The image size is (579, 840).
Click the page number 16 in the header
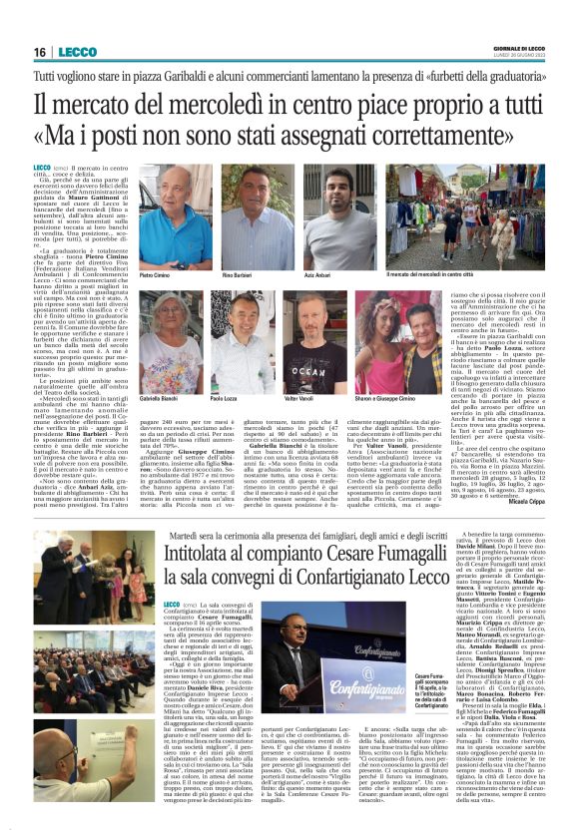(x=39, y=52)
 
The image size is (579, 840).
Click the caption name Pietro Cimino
(x=155, y=274)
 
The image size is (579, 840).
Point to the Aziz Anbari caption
(x=317, y=274)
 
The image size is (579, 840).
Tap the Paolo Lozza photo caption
(x=225, y=397)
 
